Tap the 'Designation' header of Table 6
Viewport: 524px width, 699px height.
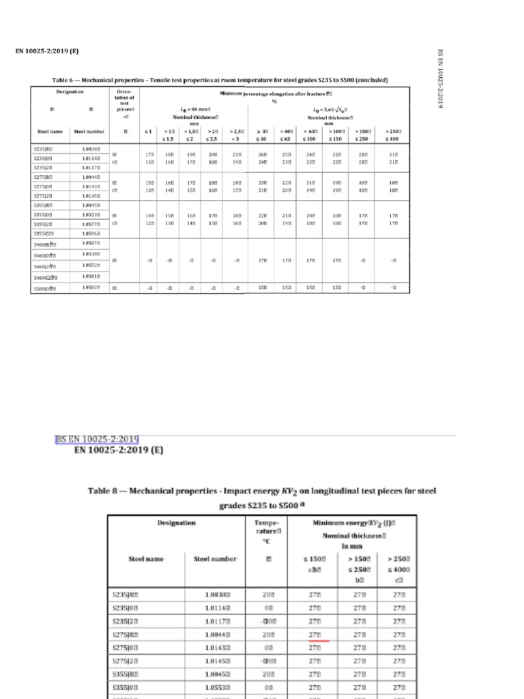(x=70, y=91)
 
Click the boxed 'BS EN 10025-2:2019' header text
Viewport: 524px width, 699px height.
(x=97, y=438)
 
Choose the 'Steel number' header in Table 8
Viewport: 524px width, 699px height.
(x=215, y=559)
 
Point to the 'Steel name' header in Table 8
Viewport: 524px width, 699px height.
(x=146, y=559)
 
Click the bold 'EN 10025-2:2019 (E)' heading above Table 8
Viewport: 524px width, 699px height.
(x=120, y=451)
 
